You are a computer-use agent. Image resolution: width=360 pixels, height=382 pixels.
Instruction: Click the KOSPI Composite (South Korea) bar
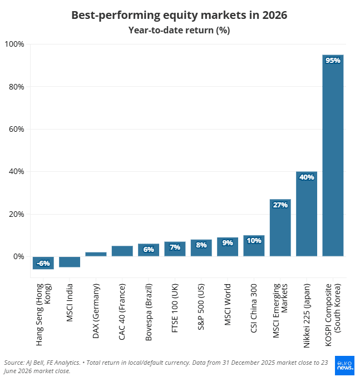[333, 156]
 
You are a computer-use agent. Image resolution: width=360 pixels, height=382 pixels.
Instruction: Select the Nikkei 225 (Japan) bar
[307, 214]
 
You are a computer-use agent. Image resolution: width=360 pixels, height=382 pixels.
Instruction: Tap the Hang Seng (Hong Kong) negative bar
[43, 263]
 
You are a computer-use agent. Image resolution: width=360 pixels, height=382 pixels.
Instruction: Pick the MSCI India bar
[70, 262]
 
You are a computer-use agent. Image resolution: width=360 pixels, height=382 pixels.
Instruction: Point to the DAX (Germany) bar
[96, 254]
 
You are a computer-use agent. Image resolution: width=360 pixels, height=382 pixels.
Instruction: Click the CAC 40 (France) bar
[122, 251]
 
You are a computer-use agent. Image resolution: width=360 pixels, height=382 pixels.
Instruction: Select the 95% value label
[333, 61]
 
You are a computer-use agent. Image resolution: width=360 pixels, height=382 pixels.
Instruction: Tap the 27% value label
[280, 205]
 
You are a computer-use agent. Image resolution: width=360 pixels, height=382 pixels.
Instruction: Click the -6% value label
[43, 264]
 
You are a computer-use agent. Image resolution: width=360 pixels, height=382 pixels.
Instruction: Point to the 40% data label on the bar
[307, 177]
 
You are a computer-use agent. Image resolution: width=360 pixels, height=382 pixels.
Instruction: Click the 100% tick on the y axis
[14, 44]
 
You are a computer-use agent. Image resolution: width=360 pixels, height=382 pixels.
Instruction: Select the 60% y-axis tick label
[16, 129]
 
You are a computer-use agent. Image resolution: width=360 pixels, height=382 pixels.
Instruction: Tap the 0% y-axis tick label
[18, 256]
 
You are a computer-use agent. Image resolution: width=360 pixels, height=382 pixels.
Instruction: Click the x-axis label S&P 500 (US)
[201, 307]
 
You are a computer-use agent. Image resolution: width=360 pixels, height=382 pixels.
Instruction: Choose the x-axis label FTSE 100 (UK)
[175, 308]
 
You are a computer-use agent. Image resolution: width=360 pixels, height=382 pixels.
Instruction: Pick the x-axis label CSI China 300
[254, 308]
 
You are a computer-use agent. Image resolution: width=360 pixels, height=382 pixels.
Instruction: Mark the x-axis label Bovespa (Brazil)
[149, 312]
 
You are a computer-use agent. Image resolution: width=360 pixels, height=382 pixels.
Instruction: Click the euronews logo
[344, 365]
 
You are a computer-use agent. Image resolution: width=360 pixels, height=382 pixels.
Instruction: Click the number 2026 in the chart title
[275, 15]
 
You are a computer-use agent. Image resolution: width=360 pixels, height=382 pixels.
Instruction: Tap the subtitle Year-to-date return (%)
[179, 30]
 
